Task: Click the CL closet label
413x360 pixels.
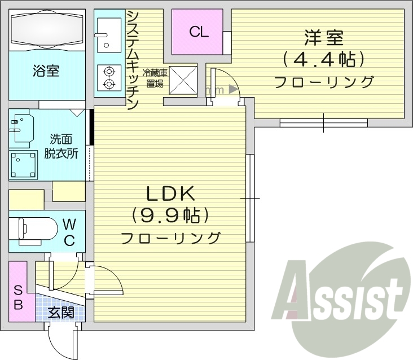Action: (x=198, y=32)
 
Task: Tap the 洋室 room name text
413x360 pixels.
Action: (x=324, y=39)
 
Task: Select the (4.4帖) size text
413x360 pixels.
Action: (x=323, y=59)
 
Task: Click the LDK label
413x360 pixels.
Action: (x=170, y=195)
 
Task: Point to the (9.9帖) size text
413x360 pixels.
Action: (x=170, y=215)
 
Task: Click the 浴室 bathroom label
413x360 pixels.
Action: (x=47, y=71)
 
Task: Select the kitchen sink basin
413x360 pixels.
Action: (x=108, y=33)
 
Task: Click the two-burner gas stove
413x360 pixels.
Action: (x=108, y=77)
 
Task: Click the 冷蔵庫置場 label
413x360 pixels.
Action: (x=154, y=78)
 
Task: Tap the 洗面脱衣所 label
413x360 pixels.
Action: (x=61, y=145)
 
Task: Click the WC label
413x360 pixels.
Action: (x=69, y=231)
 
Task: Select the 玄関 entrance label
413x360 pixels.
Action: (x=60, y=312)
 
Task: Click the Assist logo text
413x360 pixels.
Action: (x=342, y=296)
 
